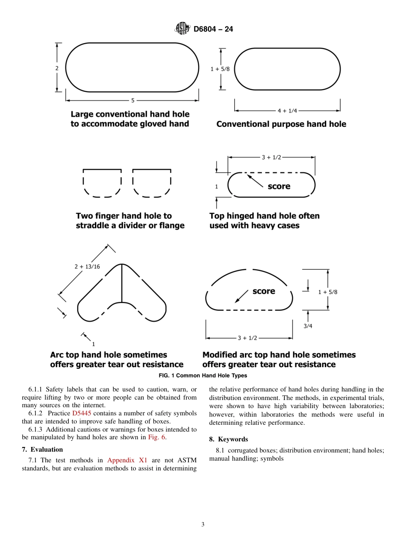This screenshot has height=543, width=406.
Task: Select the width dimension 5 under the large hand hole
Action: (132, 101)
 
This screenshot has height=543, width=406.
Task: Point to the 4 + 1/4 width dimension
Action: (287, 111)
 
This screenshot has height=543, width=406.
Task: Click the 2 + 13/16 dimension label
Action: (87, 266)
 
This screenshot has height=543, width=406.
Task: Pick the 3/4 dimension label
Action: (308, 326)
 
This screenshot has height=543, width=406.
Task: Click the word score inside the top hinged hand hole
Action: (279, 186)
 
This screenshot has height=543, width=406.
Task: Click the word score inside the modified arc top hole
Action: (264, 291)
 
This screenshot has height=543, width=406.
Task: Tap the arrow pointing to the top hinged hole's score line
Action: (255, 181)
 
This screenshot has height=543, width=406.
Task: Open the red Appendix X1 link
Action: (127, 460)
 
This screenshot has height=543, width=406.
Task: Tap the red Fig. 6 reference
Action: (157, 437)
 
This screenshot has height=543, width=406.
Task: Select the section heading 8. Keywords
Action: (228, 439)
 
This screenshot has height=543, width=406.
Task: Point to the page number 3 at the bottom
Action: (203, 525)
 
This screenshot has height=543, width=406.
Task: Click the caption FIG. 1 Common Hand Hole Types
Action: (203, 376)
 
